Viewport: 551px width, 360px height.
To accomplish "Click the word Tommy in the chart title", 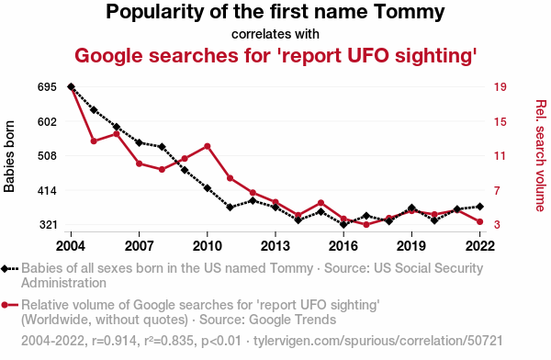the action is click(x=409, y=13).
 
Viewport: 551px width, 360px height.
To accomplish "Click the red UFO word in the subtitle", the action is click(x=367, y=56).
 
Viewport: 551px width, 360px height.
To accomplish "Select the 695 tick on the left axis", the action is click(x=47, y=87).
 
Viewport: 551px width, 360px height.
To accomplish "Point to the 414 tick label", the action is click(x=47, y=191).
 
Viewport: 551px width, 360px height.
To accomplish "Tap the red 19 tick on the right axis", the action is click(x=500, y=87).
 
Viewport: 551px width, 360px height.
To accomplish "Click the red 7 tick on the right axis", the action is click(x=497, y=191).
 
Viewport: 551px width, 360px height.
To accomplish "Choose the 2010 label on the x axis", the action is click(x=207, y=246).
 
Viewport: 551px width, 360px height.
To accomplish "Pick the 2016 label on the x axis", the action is click(x=343, y=246).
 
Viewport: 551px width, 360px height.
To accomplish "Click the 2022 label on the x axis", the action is click(x=479, y=246).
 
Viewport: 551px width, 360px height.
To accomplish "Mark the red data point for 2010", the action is click(x=208, y=146).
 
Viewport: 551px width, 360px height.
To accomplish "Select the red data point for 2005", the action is click(x=94, y=141).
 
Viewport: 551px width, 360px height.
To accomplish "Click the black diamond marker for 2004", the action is click(x=71, y=87).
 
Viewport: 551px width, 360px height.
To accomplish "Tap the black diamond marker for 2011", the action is click(x=231, y=207).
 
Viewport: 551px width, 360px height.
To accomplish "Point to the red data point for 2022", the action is click(x=479, y=222).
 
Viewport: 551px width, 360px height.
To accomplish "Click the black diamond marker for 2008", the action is click(x=162, y=147).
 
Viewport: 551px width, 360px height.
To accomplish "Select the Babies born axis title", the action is click(x=9, y=156).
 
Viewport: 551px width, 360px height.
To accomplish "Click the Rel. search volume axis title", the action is click(x=541, y=156).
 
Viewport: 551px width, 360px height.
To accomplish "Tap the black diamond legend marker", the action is click(x=5, y=269).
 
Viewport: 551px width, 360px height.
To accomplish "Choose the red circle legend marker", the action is click(x=5, y=305).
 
